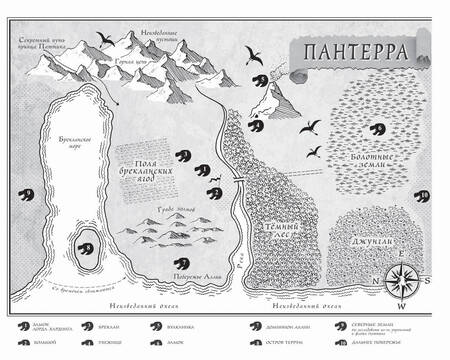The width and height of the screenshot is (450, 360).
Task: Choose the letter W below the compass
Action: [401, 306]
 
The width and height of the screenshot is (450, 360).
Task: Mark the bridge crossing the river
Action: [238, 179]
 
